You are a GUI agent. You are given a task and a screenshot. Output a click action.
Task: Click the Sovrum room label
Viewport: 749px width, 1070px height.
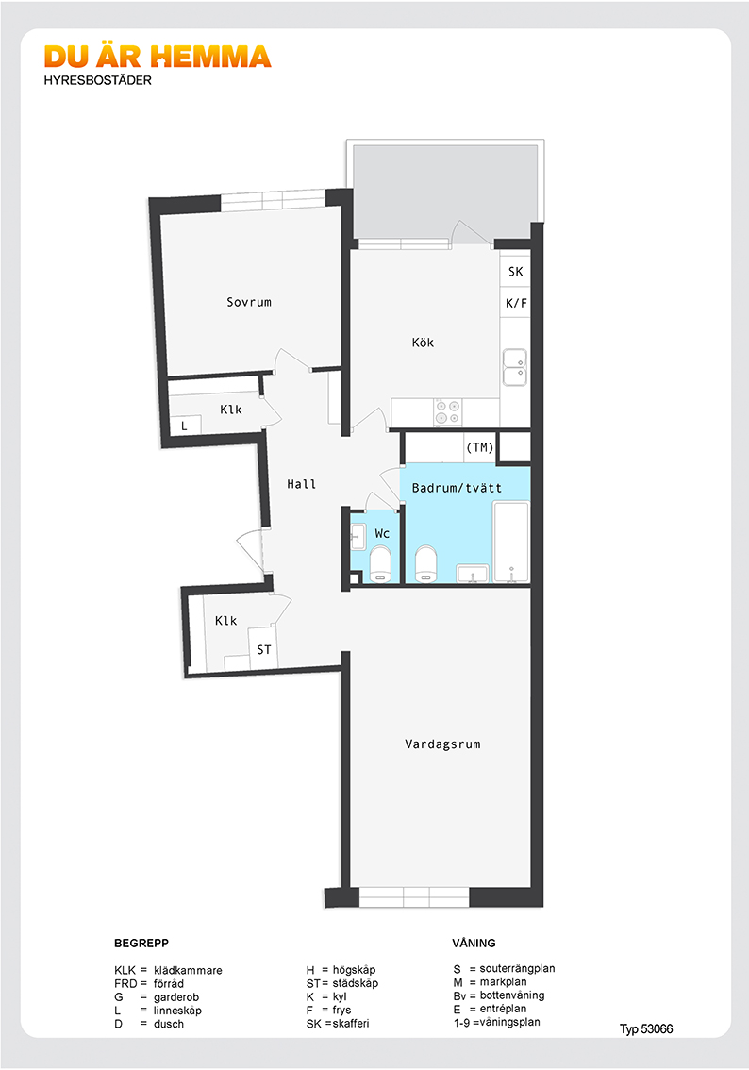(249, 302)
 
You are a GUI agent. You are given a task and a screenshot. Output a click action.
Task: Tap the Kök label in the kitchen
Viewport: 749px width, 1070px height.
(423, 343)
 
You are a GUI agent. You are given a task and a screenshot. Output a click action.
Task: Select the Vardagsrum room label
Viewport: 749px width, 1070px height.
(442, 744)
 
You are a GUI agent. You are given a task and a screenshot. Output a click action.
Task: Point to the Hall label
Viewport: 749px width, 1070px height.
(302, 484)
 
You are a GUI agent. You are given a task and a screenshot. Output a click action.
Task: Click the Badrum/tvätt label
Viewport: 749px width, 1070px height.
(457, 488)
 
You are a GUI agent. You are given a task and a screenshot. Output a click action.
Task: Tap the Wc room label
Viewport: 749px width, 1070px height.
(382, 533)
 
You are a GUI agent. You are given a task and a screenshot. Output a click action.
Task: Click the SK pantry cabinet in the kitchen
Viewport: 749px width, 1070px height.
(515, 272)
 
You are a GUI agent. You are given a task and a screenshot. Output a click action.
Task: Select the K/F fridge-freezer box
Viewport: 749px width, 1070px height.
(515, 303)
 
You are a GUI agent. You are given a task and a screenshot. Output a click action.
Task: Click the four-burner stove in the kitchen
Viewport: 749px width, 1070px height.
(447, 411)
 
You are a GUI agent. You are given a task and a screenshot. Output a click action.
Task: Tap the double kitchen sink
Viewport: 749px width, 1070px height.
(515, 367)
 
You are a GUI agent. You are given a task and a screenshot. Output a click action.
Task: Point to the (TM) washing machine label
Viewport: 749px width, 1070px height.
(479, 447)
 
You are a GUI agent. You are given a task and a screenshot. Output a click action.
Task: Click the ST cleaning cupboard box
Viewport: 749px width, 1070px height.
(264, 649)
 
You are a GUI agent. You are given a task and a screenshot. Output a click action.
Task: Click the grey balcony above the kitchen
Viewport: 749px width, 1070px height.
(443, 193)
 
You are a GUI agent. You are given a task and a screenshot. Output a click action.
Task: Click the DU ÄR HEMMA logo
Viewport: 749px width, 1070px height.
(158, 58)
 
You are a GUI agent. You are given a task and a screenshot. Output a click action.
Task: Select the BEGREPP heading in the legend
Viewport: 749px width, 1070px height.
(141, 943)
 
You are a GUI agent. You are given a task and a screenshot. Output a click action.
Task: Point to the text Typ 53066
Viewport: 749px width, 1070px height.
(646, 1028)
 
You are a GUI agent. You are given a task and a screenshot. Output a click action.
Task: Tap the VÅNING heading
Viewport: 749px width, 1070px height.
(474, 943)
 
